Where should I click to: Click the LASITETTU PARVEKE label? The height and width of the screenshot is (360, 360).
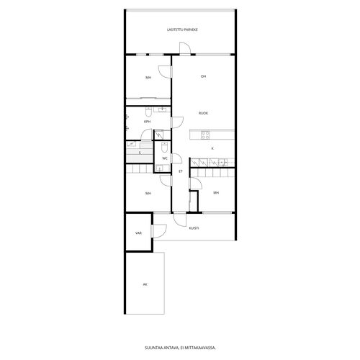pyautogui.click(x=182, y=30)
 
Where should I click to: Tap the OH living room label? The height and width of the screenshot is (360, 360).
pyautogui.click(x=203, y=76)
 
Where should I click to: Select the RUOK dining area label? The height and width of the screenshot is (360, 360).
pyautogui.click(x=203, y=113)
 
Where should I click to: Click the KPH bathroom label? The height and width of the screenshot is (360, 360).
pyautogui.click(x=147, y=122)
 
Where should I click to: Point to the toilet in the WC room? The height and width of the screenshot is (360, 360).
pyautogui.click(x=164, y=147)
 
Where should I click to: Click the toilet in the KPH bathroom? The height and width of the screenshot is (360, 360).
pyautogui.click(x=148, y=112)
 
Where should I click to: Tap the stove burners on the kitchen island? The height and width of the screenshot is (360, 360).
pyautogui.click(x=205, y=135)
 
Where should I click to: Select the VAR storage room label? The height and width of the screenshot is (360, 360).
pyautogui.click(x=138, y=233)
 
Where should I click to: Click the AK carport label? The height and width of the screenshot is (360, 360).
pyautogui.click(x=145, y=284)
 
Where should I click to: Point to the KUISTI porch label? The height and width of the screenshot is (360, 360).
pyautogui.click(x=194, y=228)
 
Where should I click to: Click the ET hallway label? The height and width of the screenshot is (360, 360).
pyautogui.click(x=181, y=171)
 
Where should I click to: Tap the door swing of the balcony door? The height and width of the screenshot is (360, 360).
pyautogui.click(x=185, y=48)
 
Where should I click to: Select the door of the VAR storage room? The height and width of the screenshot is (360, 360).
pyautogui.click(x=159, y=230)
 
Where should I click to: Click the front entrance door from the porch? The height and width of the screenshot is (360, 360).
pyautogui.click(x=179, y=219)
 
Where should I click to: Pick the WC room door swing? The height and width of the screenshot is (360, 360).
pyautogui.click(x=177, y=159)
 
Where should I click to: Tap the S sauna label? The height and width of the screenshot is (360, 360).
pyautogui.click(x=140, y=153)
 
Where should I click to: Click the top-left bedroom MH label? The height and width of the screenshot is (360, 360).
pyautogui.click(x=148, y=78)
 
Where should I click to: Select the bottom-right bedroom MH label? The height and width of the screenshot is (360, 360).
pyautogui.click(x=216, y=193)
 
